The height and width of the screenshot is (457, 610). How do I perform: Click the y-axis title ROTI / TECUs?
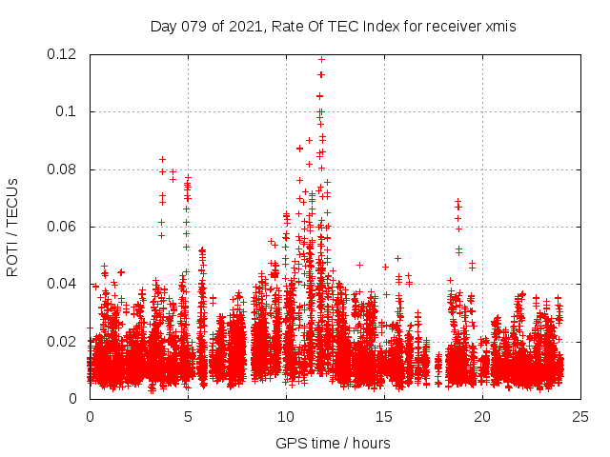[12, 227]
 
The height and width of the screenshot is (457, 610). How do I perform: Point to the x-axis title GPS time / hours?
[333, 443]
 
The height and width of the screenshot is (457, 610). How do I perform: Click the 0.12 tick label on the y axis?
[64, 54]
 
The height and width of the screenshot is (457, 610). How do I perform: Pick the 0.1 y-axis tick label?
[68, 111]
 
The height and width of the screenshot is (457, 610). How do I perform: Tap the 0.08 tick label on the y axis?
[64, 169]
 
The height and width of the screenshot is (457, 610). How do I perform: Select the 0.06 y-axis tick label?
[64, 227]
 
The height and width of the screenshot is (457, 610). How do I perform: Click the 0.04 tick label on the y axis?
[64, 284]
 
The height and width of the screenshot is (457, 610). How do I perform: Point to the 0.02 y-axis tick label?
[64, 342]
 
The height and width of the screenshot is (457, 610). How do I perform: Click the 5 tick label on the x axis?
[188, 416]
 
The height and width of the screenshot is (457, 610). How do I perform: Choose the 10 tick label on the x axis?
[286, 416]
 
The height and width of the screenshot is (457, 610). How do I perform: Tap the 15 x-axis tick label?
[384, 416]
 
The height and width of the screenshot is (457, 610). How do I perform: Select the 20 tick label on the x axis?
[482, 416]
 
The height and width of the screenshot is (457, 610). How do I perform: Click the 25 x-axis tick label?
[580, 416]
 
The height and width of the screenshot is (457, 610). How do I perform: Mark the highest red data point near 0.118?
[321, 59]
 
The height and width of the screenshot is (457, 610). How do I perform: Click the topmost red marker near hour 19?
[457, 201]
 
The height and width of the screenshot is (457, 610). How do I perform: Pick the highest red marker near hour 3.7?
[162, 159]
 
